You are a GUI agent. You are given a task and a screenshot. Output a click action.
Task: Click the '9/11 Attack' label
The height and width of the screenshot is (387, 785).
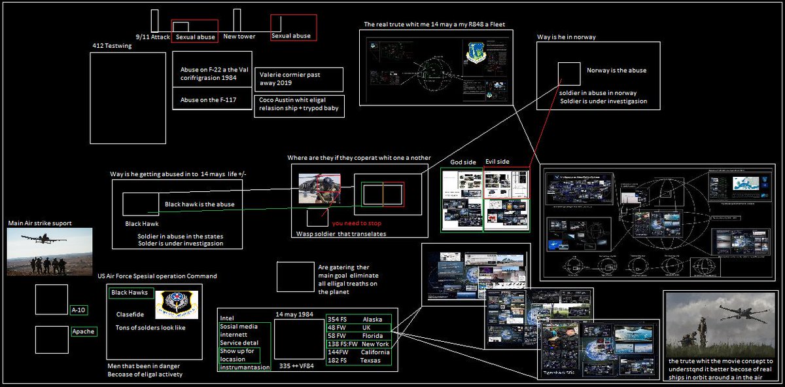click(x=152, y=37)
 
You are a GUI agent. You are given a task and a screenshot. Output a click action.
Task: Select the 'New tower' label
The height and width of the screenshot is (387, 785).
click(x=239, y=37)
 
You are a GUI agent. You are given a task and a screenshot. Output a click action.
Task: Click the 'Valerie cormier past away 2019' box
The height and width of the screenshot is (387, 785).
click(x=298, y=79)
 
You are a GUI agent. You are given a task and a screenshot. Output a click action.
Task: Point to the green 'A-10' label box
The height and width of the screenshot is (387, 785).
click(x=78, y=309)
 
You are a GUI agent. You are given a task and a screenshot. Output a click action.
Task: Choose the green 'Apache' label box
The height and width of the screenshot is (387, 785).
click(x=84, y=332)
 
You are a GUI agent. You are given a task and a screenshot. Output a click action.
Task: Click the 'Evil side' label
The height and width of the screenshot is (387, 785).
click(x=497, y=162)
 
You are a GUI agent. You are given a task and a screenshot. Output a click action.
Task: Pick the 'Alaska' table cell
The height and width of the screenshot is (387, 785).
click(x=374, y=319)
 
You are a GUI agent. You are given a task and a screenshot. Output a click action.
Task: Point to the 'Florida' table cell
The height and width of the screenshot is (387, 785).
click(x=372, y=335)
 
